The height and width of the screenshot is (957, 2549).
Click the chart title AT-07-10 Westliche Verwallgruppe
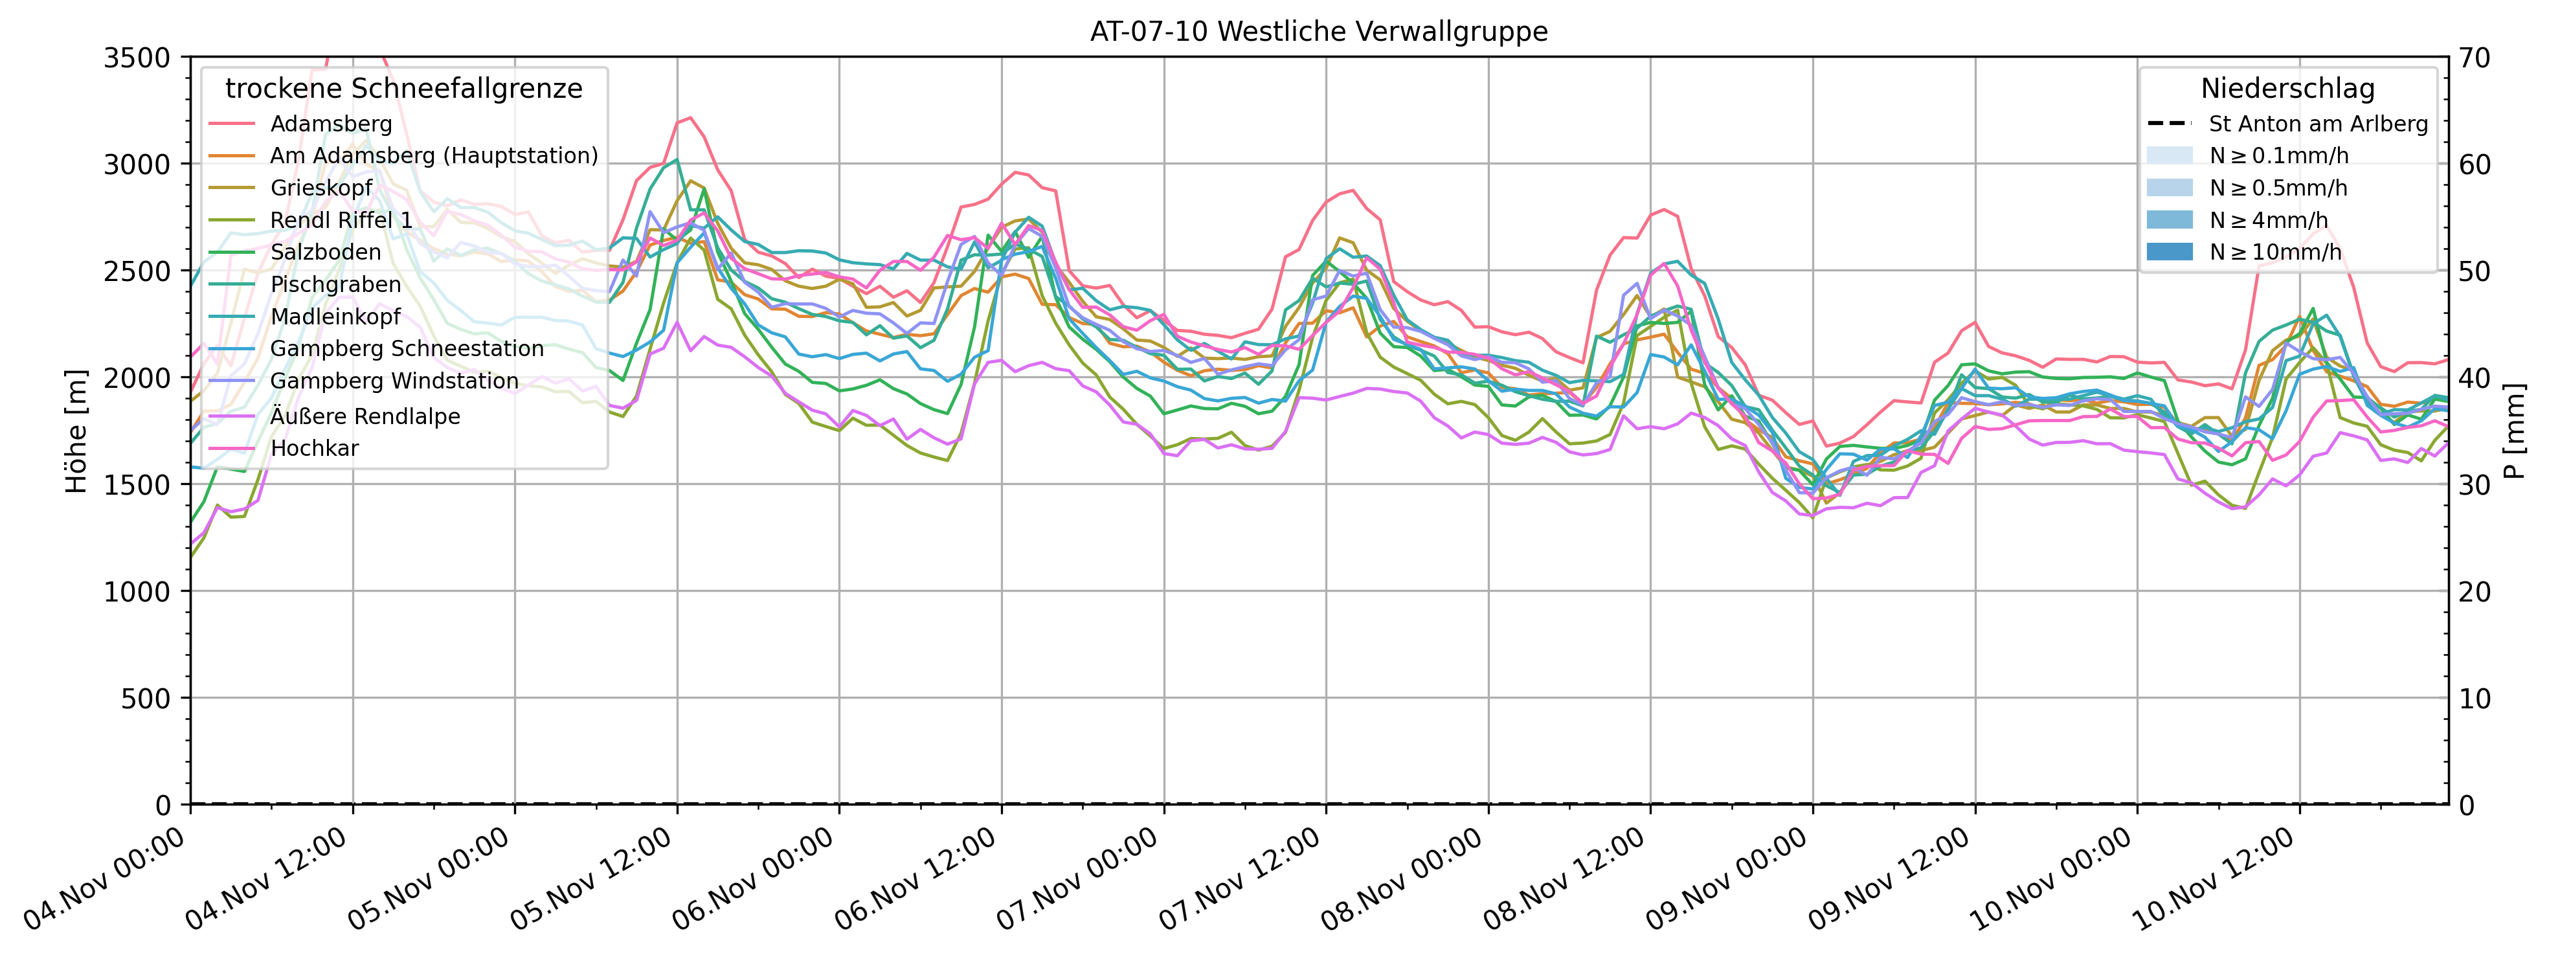[x=1318, y=32]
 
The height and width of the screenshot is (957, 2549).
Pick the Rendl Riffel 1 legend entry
[x=341, y=220]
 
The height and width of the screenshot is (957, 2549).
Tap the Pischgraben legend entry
[x=335, y=284]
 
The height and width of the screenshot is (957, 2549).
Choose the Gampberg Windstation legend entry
[x=394, y=381]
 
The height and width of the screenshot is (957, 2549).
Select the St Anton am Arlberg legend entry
[x=2317, y=124]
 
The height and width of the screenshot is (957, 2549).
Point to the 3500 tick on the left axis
[x=137, y=58]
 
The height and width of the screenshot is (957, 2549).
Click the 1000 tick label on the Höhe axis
[x=137, y=592]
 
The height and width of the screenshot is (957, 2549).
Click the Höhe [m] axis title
[x=76, y=431]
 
